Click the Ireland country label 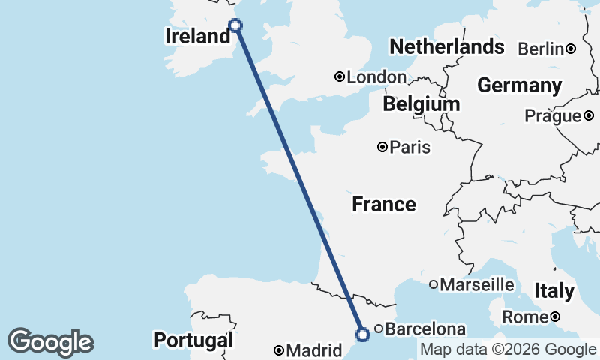(197, 37)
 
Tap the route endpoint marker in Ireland (235, 25)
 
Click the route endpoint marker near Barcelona (363, 334)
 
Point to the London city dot (340, 76)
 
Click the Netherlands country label (446, 47)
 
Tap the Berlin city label (541, 49)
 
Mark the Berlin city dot (571, 49)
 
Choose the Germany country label (519, 85)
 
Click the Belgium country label (421, 104)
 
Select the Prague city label (552, 116)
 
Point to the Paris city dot (382, 148)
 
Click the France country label (384, 204)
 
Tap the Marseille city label (477, 285)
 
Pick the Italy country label (554, 291)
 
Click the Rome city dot (555, 317)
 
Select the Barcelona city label (425, 328)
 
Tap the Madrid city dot (279, 350)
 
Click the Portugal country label (193, 340)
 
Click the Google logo (50, 342)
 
